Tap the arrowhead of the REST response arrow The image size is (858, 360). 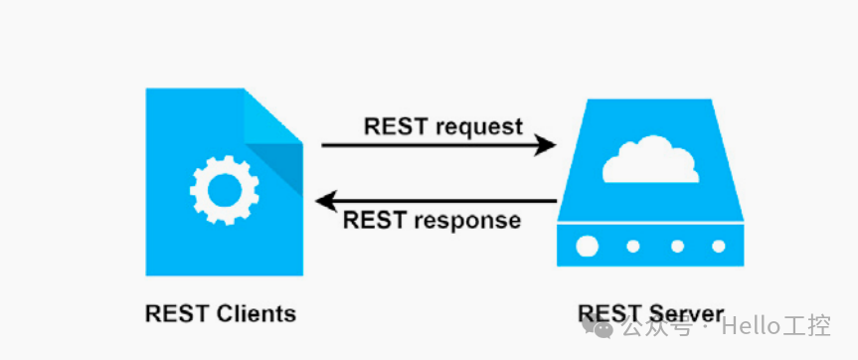click(326, 202)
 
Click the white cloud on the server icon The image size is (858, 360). click(651, 161)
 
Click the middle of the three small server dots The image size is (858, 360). click(678, 246)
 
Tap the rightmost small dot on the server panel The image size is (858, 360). click(718, 246)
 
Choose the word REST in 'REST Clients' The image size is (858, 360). click(176, 313)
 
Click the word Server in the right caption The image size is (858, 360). click(686, 313)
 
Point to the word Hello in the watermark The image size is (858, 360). click(755, 326)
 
